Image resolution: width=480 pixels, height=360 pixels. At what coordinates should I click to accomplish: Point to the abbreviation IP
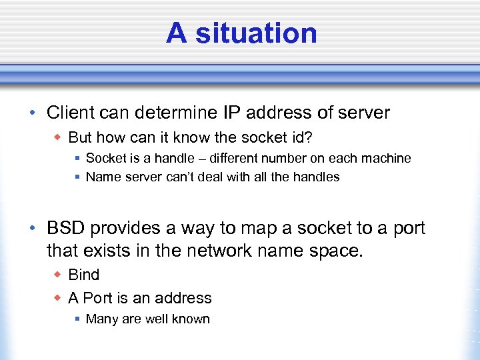pyautogui.click(x=230, y=113)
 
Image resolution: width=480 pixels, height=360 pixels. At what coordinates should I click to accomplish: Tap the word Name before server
pyautogui.click(x=103, y=177)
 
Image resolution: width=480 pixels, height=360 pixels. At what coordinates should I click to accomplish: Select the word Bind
pyautogui.click(x=84, y=275)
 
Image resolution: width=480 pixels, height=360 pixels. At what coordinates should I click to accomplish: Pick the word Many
pyautogui.click(x=102, y=319)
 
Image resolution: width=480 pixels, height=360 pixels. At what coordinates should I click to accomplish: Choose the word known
pyautogui.click(x=192, y=319)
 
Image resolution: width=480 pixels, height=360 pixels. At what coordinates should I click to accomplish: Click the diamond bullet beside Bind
pyautogui.click(x=58, y=275)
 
